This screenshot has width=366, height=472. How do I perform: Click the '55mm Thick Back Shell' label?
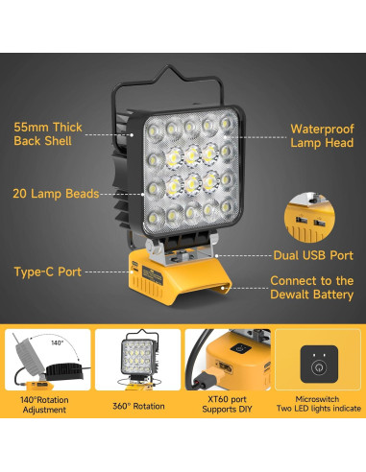click(47, 133)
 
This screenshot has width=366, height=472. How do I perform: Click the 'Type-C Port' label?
click(45, 271)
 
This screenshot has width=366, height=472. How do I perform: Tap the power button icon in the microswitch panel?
click(317, 365)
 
